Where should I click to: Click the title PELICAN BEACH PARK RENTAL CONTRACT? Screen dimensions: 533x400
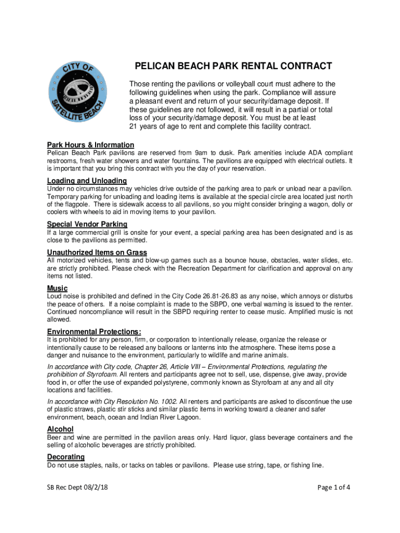tap(233, 66)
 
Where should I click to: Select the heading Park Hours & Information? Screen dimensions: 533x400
tap(90, 145)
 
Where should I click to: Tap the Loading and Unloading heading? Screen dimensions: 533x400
tap(87, 181)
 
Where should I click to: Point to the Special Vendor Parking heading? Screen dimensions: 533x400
tap(87, 224)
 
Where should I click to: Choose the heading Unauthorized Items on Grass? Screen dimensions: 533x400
tap(97, 252)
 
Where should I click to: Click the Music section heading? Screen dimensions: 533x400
tap(57, 288)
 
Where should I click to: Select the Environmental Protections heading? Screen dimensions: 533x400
tap(94, 332)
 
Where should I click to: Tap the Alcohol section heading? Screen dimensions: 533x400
tap(60, 429)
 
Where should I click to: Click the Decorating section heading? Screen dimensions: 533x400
tap(66, 457)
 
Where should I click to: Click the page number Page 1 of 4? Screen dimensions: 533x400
tap(333, 488)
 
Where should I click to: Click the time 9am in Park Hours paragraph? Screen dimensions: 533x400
tap(201, 153)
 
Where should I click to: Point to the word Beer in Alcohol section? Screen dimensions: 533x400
tap(55, 437)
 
